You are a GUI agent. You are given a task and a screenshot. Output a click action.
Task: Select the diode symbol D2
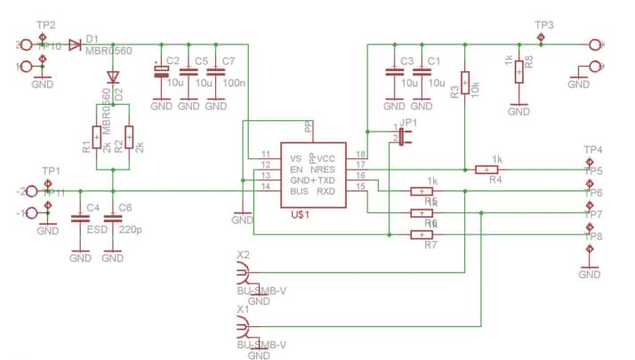[112, 76]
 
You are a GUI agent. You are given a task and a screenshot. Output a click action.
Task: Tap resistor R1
[96, 138]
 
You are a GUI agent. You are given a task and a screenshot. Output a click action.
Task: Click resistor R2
[129, 138]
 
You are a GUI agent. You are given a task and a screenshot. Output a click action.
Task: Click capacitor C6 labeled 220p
[112, 218]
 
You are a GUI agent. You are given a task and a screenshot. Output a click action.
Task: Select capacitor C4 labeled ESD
[80, 218]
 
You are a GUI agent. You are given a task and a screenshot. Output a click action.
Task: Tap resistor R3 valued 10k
[464, 81]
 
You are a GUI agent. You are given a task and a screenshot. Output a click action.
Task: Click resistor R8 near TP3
[518, 71]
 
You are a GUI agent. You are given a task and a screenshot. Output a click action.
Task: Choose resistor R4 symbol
[486, 169]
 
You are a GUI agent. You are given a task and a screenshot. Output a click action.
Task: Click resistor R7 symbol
[421, 235]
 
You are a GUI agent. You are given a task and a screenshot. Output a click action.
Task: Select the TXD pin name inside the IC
[326, 179]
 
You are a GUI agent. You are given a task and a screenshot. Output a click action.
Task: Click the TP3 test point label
[543, 25]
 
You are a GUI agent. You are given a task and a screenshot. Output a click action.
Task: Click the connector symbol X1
[244, 329]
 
